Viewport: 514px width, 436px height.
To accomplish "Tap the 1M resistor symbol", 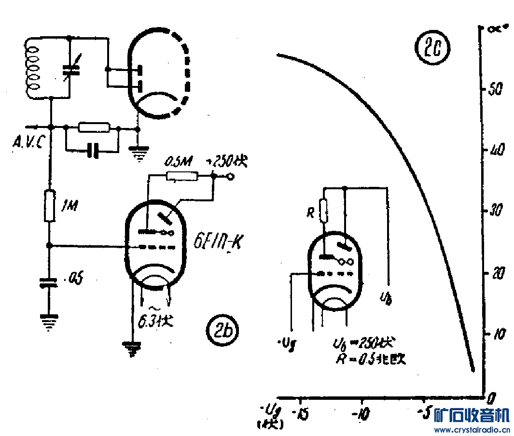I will point(49,206).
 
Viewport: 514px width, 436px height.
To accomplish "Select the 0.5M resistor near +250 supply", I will point(182,176).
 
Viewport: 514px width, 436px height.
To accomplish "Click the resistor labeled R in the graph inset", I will point(324,211).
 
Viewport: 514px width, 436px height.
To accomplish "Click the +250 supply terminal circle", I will point(231,177).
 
